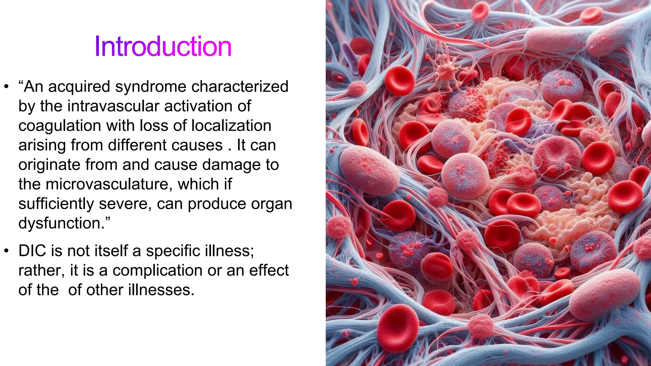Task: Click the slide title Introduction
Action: click(x=163, y=47)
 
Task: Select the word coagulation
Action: click(x=59, y=126)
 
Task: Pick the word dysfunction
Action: click(x=64, y=223)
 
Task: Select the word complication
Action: click(x=157, y=271)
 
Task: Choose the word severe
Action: click(x=125, y=204)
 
